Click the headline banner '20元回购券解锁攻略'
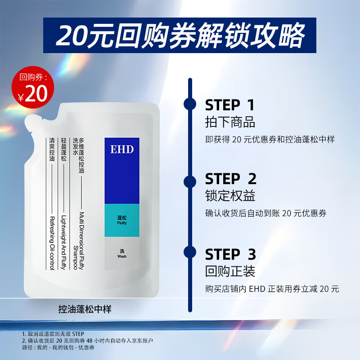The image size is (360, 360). (180, 35)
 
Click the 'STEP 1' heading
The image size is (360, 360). (229, 105)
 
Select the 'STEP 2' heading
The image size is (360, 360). (230, 179)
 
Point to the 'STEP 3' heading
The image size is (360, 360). (230, 254)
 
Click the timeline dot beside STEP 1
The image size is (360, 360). (190, 104)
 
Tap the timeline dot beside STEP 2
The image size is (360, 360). (190, 181)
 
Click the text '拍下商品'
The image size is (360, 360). (230, 122)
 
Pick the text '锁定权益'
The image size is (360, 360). (230, 197)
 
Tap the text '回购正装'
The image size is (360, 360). (230, 271)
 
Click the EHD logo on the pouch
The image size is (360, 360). (122, 149)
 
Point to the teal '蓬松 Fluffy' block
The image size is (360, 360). (122, 220)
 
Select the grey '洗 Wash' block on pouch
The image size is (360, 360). (122, 253)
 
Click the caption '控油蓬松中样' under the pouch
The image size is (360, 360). (85, 310)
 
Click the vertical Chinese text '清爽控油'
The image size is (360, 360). (52, 150)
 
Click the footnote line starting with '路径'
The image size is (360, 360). (58, 347)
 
